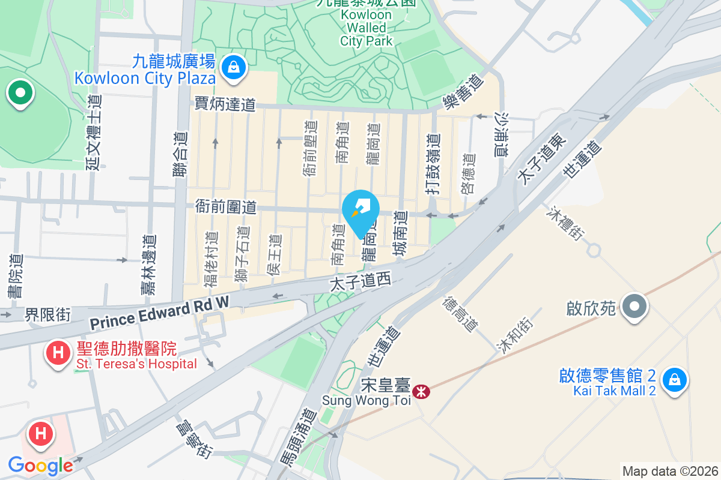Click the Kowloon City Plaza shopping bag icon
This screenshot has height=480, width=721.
pos(233,68)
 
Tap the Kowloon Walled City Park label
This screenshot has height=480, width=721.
pos(366,28)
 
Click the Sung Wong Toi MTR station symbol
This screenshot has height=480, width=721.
pos(422,391)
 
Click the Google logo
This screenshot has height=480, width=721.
pos(40,465)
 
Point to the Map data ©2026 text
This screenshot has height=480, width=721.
pos(670,471)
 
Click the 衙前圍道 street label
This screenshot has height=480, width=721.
pos(226,208)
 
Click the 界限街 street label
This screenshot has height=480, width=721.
pos(47,314)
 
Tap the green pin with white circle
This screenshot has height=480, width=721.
pos(20,94)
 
